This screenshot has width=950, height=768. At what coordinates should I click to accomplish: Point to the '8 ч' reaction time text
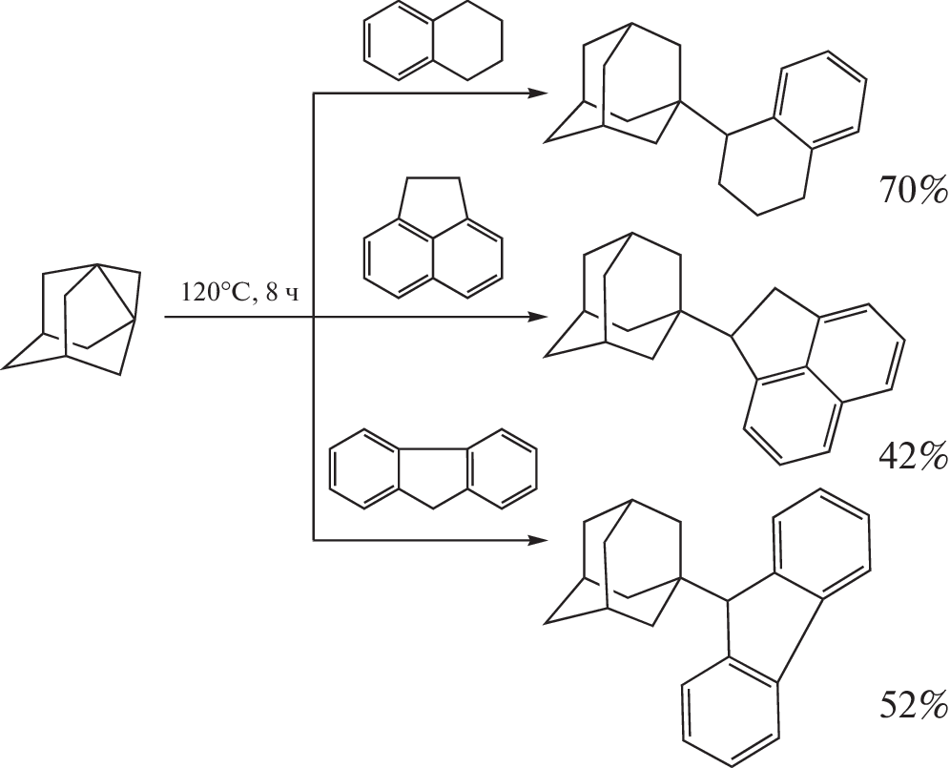click(x=282, y=294)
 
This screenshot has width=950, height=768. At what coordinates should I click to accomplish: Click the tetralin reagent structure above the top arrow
click(x=433, y=41)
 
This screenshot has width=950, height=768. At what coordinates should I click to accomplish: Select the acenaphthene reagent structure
click(x=433, y=238)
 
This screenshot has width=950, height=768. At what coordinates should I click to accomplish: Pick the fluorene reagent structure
click(x=433, y=468)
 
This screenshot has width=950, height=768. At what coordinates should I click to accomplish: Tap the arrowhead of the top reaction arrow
click(x=538, y=93)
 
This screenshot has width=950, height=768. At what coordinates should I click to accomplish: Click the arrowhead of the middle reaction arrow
click(x=538, y=317)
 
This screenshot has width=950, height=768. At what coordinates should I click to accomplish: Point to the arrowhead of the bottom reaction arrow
click(x=538, y=539)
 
